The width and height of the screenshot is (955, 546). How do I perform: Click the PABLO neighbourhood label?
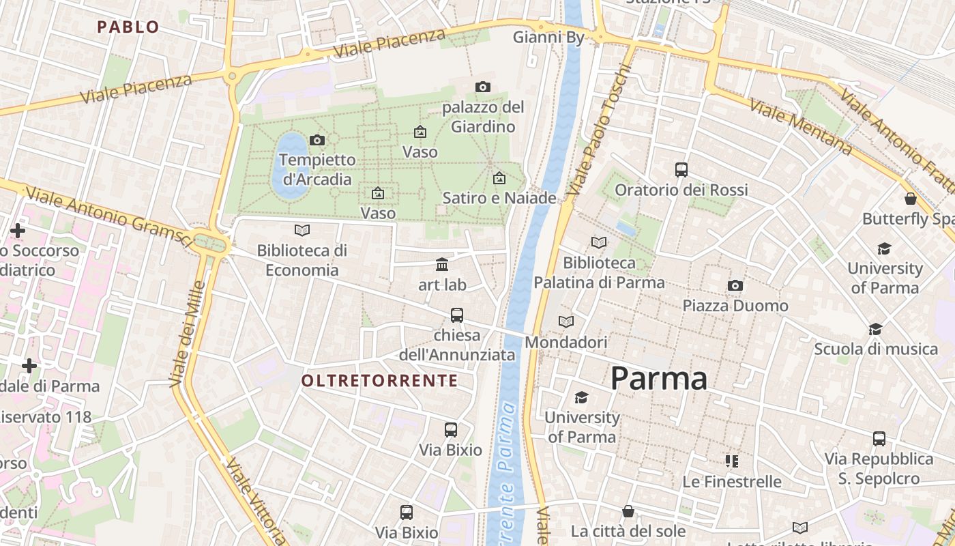128,27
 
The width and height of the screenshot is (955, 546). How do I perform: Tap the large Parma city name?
658,378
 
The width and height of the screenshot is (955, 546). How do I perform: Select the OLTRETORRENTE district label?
379,381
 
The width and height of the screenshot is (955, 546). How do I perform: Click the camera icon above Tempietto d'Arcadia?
317,141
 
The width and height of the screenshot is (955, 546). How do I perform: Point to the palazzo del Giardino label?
483,117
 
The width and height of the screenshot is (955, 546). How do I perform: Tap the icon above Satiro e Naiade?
499,179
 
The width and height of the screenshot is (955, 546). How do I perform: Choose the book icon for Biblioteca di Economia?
302,231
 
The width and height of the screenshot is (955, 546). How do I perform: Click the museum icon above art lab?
442,264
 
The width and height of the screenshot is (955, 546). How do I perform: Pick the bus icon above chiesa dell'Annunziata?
457,315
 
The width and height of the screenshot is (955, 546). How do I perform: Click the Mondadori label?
565,342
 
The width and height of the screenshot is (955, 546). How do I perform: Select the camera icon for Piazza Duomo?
735,285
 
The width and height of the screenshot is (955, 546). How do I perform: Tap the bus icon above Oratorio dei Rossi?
681,170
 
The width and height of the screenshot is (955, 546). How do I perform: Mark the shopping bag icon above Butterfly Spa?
910,199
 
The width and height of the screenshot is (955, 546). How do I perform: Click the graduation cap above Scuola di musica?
876,330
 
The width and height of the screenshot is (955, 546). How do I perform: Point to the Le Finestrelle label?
732,482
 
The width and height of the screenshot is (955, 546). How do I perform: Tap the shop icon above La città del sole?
628,511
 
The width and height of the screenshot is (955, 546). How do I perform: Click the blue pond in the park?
291,166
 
